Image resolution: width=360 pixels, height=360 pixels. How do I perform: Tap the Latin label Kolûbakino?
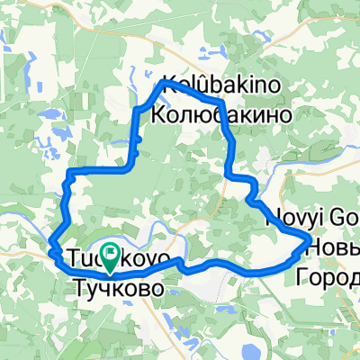(220, 85)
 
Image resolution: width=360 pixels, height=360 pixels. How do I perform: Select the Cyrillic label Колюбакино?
(220, 114)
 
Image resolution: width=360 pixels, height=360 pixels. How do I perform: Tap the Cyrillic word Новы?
(334, 246)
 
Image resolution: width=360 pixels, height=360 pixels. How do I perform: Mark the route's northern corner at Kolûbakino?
(162, 83)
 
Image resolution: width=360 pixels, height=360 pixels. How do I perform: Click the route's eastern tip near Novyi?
(307, 238)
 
